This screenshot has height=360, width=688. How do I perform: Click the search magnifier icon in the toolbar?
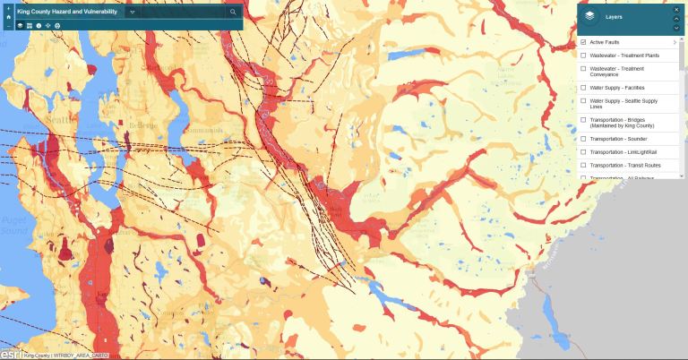click(x=233, y=13)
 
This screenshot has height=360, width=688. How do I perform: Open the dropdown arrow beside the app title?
click(x=132, y=13)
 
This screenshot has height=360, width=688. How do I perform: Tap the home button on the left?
click(x=8, y=15)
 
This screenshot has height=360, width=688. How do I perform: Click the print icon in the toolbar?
click(x=57, y=26)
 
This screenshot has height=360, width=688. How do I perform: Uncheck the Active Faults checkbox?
click(x=583, y=42)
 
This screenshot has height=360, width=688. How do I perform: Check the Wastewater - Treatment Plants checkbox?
click(x=583, y=56)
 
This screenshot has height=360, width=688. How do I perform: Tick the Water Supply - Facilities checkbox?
click(x=583, y=88)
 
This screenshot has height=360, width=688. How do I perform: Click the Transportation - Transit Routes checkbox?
click(x=583, y=165)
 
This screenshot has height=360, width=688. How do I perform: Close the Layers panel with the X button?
click(x=676, y=10)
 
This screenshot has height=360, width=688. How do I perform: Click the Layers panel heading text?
click(x=614, y=16)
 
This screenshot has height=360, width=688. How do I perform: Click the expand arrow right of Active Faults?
click(x=675, y=42)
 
